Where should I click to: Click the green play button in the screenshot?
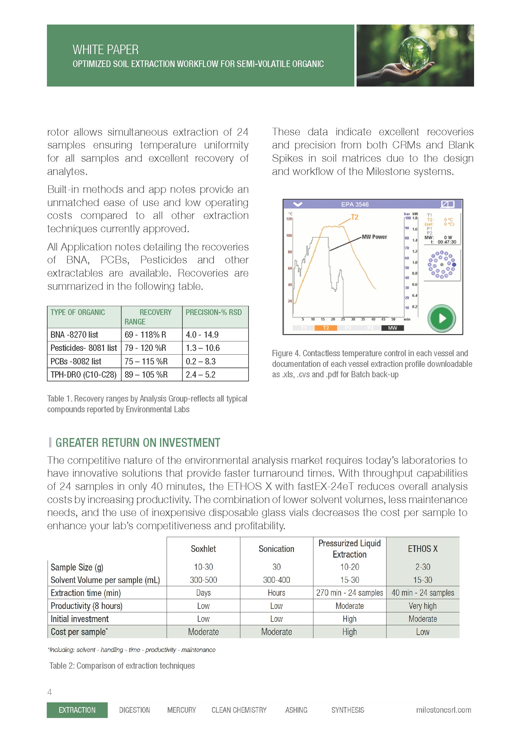pos(441,318)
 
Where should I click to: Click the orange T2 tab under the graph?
pos(326,328)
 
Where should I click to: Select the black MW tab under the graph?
pos(392,328)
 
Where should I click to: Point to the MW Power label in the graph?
pos(374,237)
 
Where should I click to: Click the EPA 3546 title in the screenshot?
pos(354,204)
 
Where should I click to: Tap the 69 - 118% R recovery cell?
pos(145,335)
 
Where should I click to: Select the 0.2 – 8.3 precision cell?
pos(201,361)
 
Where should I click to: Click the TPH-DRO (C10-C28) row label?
pos(83,374)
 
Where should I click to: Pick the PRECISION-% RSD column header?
pos(214,312)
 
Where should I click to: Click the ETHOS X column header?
pos(422,549)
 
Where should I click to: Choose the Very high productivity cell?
pos(422,606)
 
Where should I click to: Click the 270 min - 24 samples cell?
pos(349,593)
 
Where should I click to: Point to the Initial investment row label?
pos(80,619)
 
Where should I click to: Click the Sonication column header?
pos(276,549)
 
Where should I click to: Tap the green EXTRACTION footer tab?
pos(77,710)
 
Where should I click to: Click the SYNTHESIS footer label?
pos(347,710)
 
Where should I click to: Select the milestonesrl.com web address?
pos(444,710)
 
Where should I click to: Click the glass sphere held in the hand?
pos(415,52)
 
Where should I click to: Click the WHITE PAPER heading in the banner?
pos(106,50)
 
